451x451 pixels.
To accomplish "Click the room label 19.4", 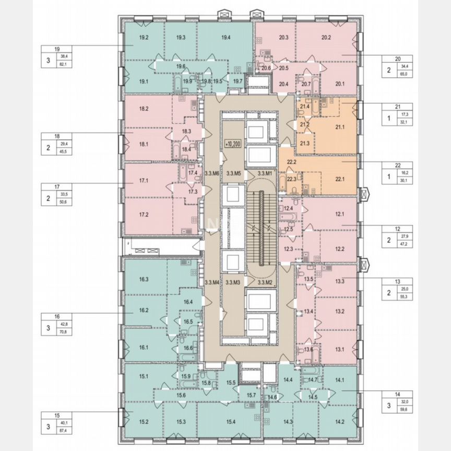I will [225, 37].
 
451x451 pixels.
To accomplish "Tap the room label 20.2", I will [327, 37].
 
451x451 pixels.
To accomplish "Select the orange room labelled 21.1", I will [340, 127].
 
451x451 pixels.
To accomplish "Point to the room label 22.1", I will [340, 179].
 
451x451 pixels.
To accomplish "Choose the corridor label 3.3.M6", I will [211, 173].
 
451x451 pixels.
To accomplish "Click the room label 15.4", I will [228, 421].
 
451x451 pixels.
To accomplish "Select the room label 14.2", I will [340, 421].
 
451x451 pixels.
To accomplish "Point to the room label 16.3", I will [145, 279].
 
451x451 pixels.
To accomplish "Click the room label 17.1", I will [145, 181].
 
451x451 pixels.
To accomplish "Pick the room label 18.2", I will [145, 109].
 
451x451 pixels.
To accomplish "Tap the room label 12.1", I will [340, 213].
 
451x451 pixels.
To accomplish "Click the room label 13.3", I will [340, 281].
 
